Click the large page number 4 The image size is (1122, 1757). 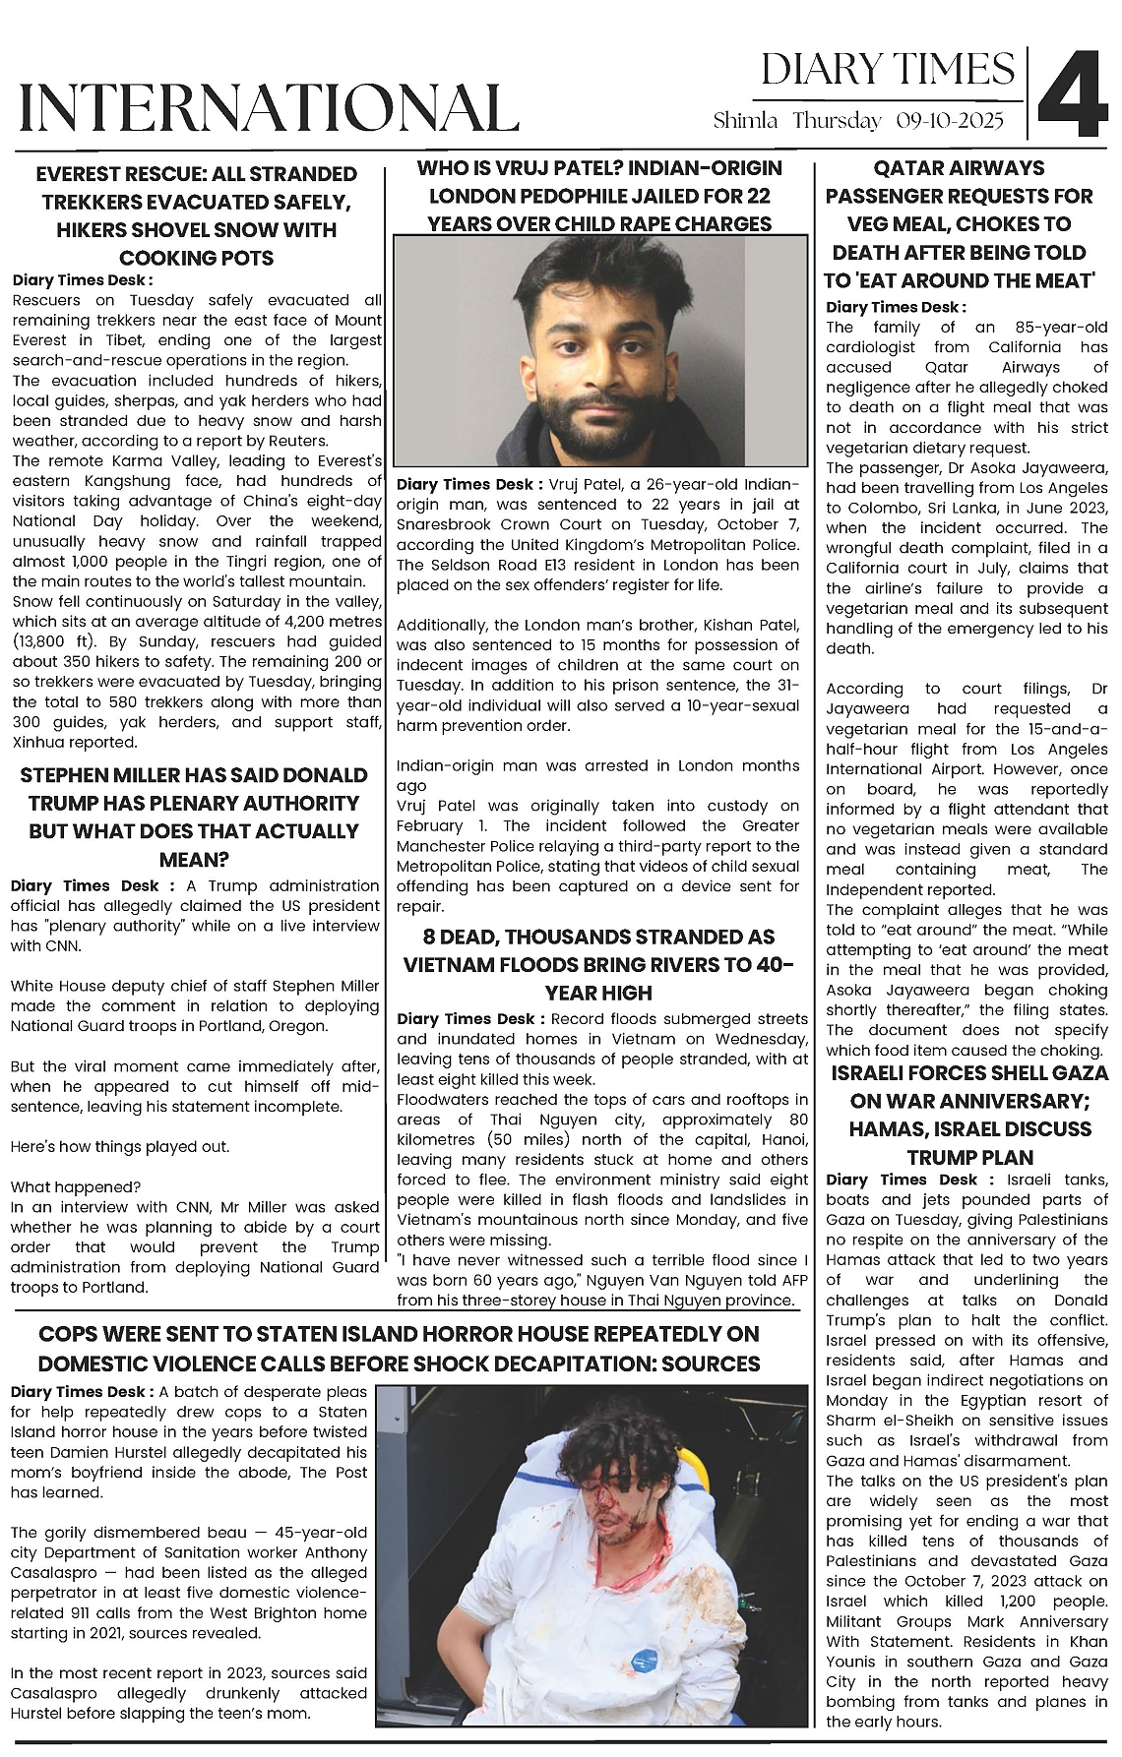[1073, 93]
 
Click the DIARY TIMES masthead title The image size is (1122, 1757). [888, 70]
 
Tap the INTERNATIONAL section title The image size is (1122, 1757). [269, 107]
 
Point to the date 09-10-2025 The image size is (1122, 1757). [950, 121]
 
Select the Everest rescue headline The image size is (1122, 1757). [196, 215]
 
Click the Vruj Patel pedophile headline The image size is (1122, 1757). [599, 196]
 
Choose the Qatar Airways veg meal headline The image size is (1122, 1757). [959, 224]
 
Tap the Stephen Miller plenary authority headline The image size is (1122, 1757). [194, 817]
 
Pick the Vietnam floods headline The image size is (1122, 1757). [599, 964]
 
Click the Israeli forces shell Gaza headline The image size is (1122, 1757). [969, 1115]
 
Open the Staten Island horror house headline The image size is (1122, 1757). [399, 1349]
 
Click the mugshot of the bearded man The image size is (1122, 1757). [599, 350]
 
